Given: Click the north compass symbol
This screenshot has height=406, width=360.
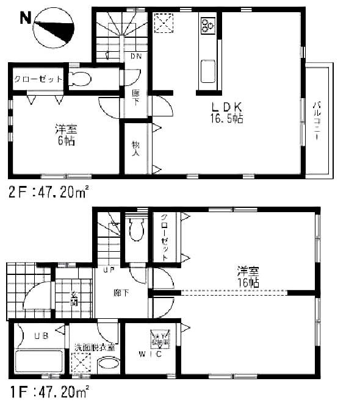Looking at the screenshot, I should pos(54,30).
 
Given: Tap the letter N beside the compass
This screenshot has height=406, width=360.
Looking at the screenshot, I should pos(26,17).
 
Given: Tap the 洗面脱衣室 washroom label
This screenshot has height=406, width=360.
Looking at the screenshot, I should pos(95,347).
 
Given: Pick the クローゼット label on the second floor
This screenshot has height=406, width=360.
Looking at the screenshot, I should pos(38,79).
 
